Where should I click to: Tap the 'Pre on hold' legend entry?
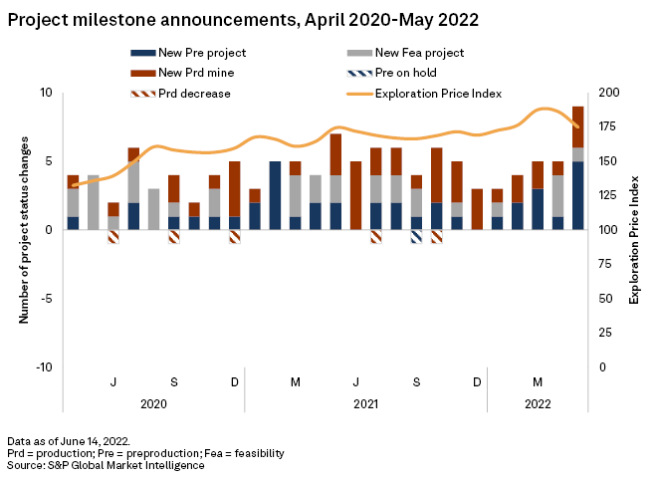tap(404, 73)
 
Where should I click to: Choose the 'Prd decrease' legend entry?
tap(194, 94)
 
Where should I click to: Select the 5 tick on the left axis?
tap(48, 161)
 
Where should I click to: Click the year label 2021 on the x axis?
tap(365, 404)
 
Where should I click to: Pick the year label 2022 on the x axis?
tap(538, 404)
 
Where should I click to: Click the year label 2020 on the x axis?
tap(153, 404)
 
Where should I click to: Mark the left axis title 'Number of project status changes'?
tap(23, 230)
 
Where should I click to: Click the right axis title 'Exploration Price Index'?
tap(633, 230)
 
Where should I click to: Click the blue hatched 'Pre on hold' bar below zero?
tap(416, 236)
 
